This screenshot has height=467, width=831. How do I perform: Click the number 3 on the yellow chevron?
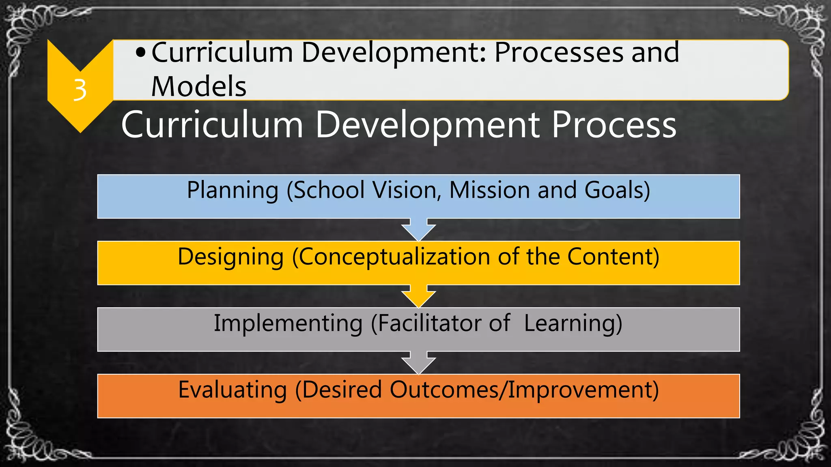pos(80,90)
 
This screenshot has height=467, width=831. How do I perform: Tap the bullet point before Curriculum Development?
pos(140,53)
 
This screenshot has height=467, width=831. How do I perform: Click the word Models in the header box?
pos(198,86)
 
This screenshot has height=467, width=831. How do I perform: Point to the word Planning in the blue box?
pos(233,190)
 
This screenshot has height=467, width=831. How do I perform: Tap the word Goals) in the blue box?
pos(617,190)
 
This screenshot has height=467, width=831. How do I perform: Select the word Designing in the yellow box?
pos(230,257)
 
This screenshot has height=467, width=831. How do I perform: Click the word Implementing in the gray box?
pos(288,323)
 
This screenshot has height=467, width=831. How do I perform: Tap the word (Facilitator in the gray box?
pos(426,323)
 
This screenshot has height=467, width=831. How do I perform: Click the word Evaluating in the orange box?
pos(233,390)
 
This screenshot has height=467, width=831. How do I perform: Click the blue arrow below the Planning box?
pos(418,230)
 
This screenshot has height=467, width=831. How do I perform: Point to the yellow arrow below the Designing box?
pos(418,297)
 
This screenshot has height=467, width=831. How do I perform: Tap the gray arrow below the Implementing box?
pos(418,363)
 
